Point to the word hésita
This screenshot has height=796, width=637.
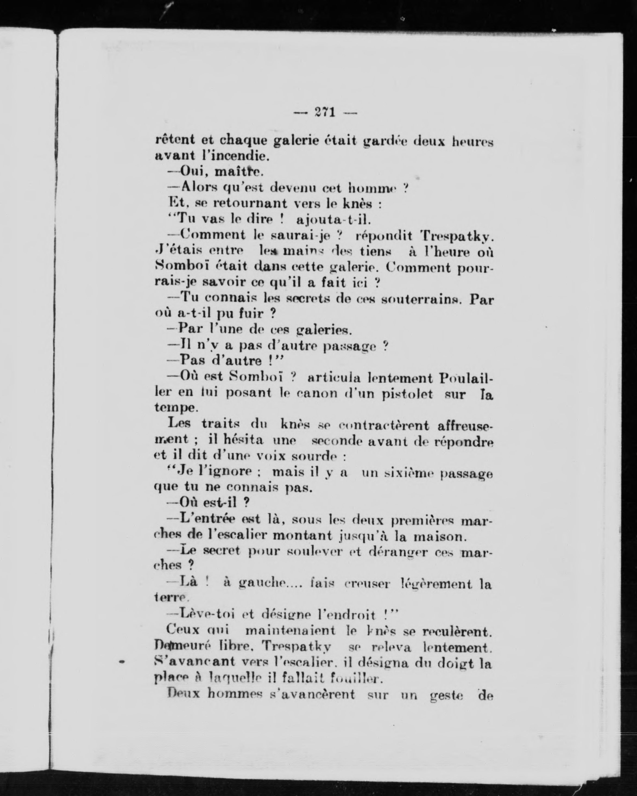tap(243, 440)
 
